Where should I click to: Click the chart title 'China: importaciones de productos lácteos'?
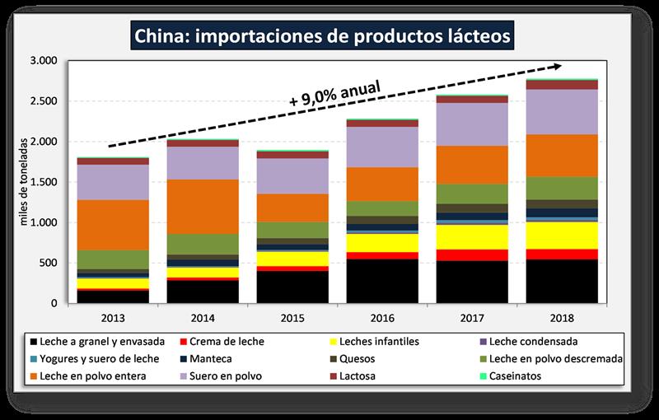pyautogui.click(x=329, y=36)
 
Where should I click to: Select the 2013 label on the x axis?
pyautogui.click(x=113, y=318)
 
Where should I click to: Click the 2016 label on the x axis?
pyautogui.click(x=382, y=318)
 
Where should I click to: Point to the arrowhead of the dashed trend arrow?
pyautogui.click(x=559, y=66)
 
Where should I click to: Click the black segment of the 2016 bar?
pyautogui.click(x=382, y=281)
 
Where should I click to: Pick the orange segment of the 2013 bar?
pyautogui.click(x=113, y=225)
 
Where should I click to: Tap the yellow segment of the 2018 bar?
pyautogui.click(x=562, y=235)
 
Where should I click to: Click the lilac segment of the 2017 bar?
pyautogui.click(x=472, y=124)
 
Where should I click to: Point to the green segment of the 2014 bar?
pyautogui.click(x=203, y=244)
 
